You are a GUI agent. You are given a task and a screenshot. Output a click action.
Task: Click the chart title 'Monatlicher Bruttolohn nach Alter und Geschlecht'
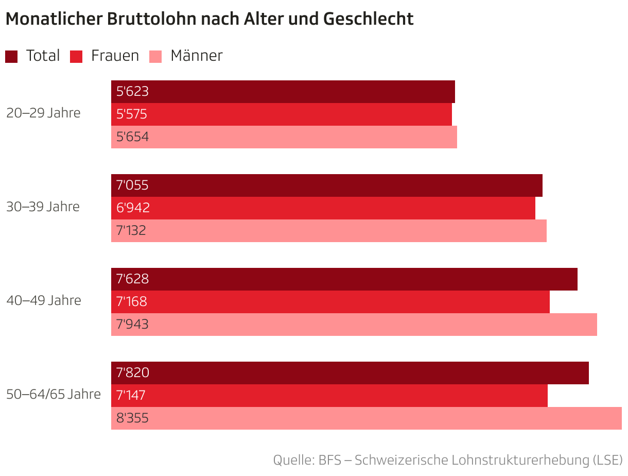(209, 19)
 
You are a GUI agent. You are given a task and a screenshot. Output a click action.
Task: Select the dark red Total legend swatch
(11, 56)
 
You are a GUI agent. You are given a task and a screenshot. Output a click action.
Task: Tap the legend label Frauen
(115, 56)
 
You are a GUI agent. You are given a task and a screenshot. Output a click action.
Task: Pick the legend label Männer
(196, 56)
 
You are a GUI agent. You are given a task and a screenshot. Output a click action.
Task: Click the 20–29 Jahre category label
(43, 113)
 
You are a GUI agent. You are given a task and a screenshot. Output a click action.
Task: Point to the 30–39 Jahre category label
(43, 207)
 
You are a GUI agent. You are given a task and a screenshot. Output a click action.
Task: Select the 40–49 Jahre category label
(43, 300)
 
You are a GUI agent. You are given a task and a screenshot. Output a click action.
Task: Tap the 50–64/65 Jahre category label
(54, 394)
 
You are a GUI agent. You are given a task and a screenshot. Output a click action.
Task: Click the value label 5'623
(132, 92)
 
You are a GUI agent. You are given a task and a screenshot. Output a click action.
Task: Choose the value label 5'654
(132, 137)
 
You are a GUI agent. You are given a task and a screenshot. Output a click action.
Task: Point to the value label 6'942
(133, 208)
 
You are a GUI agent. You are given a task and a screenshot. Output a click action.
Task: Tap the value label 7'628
(132, 279)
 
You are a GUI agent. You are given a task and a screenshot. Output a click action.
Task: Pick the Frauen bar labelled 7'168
(330, 302)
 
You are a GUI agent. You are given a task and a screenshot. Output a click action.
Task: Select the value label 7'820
(133, 373)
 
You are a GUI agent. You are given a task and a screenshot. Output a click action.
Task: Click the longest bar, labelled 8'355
(366, 418)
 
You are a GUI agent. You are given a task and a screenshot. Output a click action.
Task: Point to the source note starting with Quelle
(447, 460)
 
